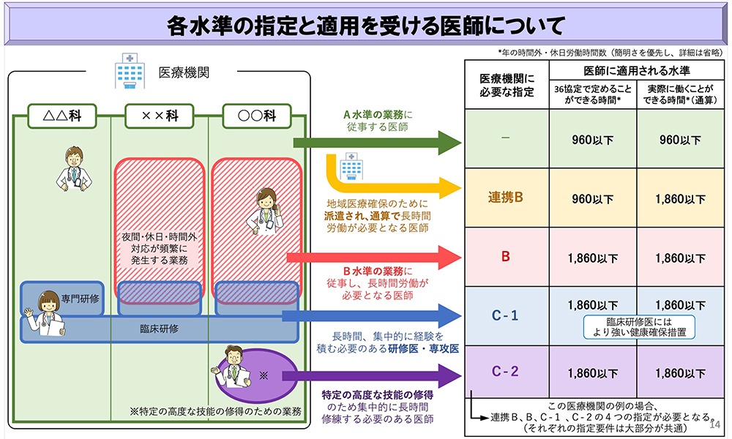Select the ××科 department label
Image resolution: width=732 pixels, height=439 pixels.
159,115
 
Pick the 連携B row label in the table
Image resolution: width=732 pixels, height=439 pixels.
506,198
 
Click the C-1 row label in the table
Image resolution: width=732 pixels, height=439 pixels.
505,315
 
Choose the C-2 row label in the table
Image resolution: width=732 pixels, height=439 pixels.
505,372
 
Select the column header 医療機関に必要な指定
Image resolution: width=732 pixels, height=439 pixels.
507,85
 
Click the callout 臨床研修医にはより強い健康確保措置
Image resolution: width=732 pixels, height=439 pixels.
638,326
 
